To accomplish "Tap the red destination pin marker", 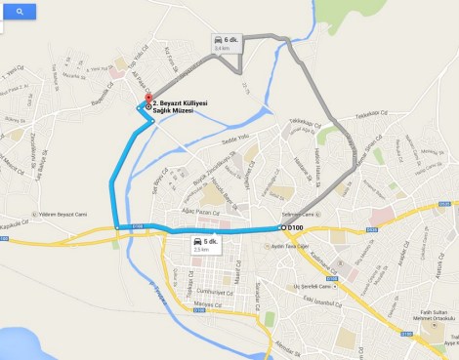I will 147,100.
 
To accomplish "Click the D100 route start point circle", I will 283,227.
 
